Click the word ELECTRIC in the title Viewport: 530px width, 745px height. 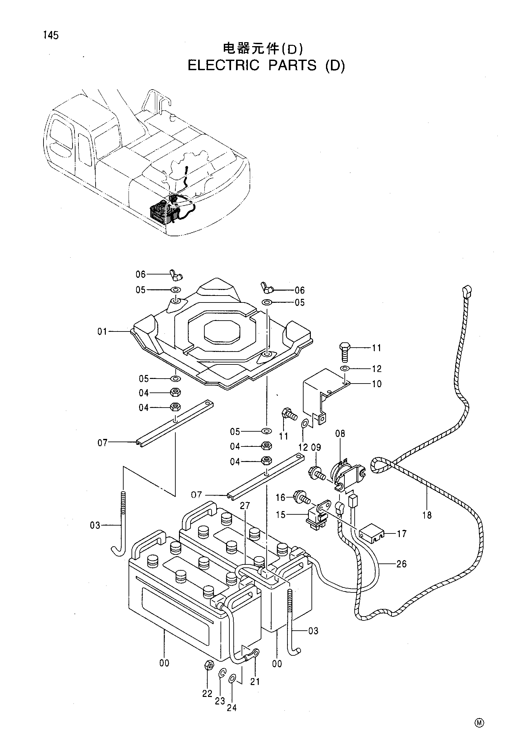coord(223,66)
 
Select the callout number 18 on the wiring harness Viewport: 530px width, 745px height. coord(427,515)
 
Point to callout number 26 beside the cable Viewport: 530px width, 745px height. coord(402,564)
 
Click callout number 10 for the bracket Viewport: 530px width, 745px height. coord(376,384)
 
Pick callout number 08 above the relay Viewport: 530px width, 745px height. coord(340,434)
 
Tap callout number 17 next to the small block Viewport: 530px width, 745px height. coord(402,533)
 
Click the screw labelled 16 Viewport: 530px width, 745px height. coord(303,507)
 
